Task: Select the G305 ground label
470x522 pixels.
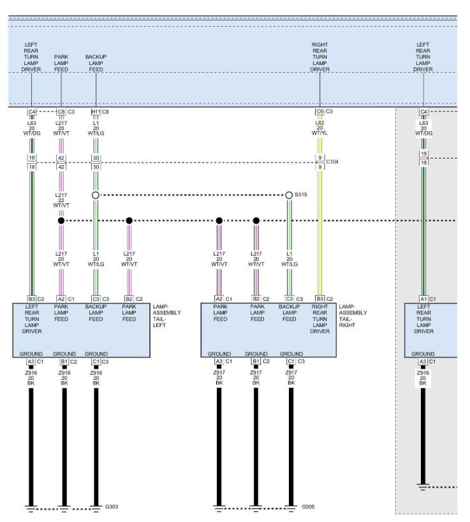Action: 308,507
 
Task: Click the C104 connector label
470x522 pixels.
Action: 332,162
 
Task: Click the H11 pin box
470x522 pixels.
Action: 95,112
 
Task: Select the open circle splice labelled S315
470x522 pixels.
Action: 289,195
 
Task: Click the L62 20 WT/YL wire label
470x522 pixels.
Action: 319,128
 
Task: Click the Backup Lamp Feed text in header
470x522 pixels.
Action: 96,63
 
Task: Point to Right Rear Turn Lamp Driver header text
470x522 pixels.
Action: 319,57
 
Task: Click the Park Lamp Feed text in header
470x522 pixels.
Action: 61,63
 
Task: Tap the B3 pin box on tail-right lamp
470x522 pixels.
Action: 319,298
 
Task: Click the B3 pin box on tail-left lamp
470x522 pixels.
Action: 31,298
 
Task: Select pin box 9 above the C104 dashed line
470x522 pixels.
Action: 319,157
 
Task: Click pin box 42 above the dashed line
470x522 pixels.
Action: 61,157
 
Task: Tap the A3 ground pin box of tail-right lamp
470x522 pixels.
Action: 218,361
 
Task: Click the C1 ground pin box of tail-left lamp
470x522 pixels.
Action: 96,361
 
